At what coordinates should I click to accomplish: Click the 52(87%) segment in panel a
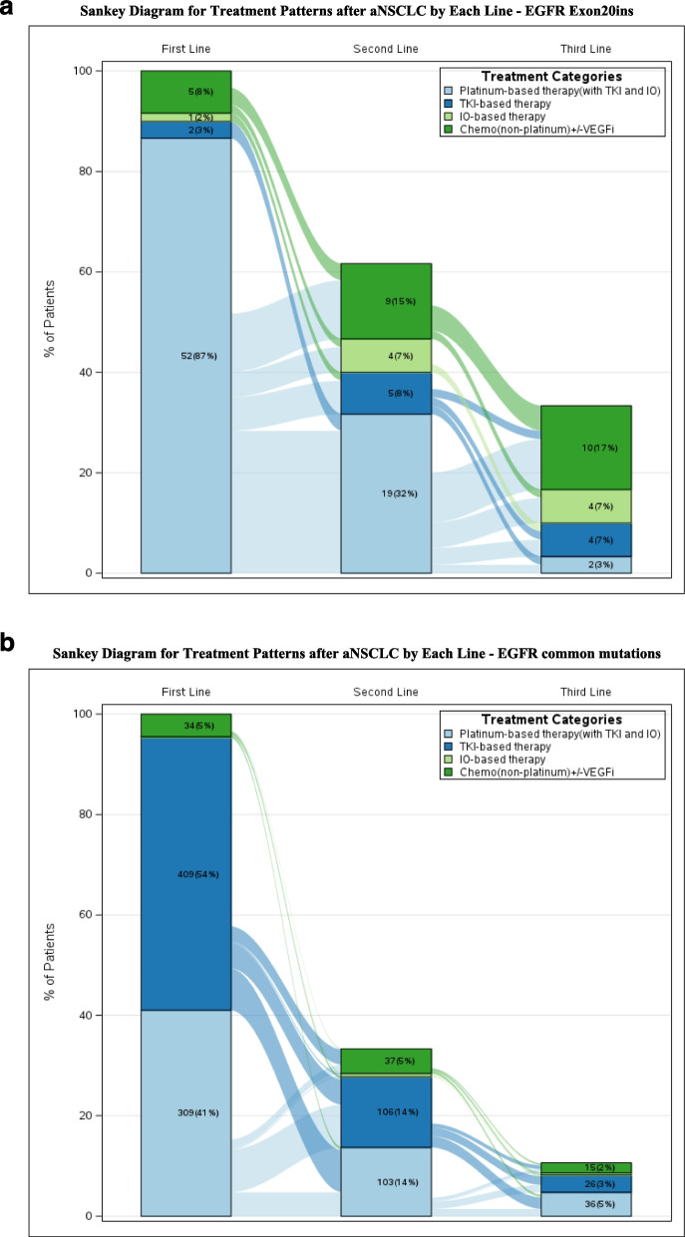pyautogui.click(x=185, y=356)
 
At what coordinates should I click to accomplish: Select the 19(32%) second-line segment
pyautogui.click(x=386, y=493)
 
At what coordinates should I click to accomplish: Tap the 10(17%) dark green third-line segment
pyautogui.click(x=585, y=448)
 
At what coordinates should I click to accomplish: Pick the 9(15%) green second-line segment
pyautogui.click(x=386, y=301)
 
